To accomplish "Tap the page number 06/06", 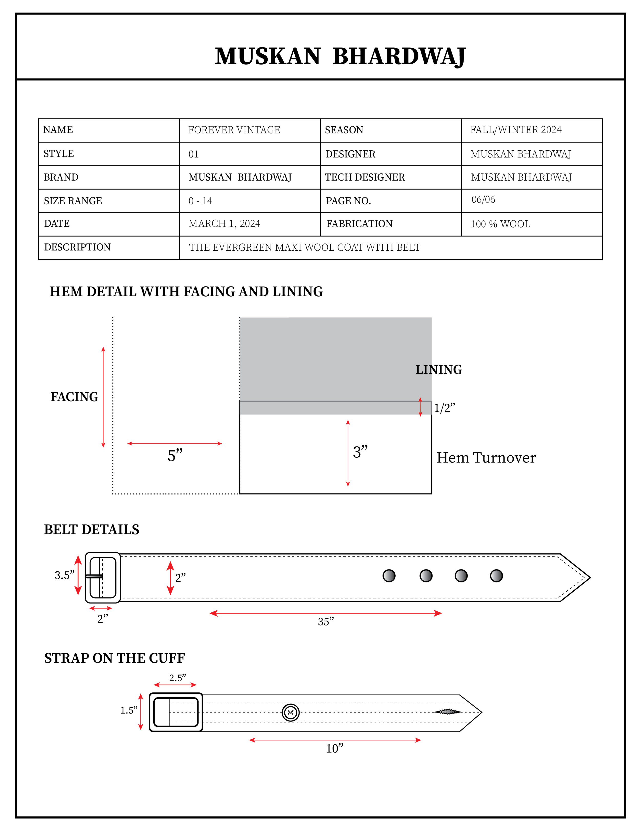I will coord(483,200).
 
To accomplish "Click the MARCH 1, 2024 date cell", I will coord(224,223).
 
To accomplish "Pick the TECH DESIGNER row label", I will coord(365,177).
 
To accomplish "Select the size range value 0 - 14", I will coord(200,201).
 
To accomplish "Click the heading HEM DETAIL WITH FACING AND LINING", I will coord(186,291).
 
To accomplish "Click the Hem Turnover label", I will coord(486,457).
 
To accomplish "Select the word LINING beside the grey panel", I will coord(439,369).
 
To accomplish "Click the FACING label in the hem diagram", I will coord(74,397).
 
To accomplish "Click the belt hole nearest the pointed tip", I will coord(496,576).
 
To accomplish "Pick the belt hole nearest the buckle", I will coord(389,576).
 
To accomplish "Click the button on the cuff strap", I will coord(291,712).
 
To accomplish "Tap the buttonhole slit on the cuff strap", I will coord(448,712).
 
